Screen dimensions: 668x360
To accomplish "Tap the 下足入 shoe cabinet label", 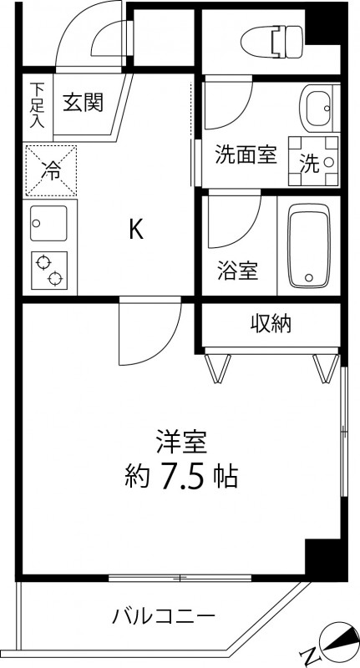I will tap(38, 103).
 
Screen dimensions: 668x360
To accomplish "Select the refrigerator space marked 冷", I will tap(52, 170).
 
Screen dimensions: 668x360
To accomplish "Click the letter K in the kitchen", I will tap(136, 229).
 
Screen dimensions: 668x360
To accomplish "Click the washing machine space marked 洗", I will tap(314, 159).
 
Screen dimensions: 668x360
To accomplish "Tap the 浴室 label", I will tap(238, 270).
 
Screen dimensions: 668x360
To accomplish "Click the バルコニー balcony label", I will tap(165, 618).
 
